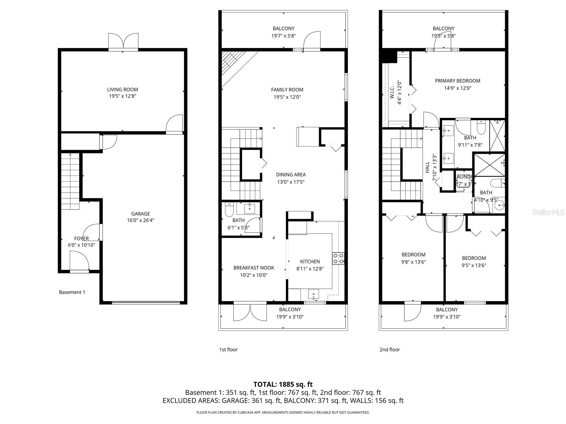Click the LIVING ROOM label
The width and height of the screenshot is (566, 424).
click(x=122, y=89)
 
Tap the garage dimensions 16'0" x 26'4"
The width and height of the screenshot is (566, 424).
click(x=140, y=220)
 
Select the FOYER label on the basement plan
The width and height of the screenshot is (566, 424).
click(x=81, y=238)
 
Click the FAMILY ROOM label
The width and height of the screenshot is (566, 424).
click(x=287, y=90)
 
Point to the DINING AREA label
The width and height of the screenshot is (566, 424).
click(x=291, y=175)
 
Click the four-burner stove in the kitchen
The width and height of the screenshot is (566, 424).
click(x=338, y=258)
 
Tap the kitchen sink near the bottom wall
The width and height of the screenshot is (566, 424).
click(x=313, y=294)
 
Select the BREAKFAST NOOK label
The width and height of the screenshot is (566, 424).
click(x=254, y=268)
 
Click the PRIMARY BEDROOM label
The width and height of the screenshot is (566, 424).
click(x=457, y=81)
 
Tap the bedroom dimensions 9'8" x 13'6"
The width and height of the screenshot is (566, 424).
click(x=413, y=262)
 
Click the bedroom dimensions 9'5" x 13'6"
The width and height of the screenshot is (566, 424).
click(x=474, y=265)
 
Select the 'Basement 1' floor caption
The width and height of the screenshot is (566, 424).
click(x=72, y=292)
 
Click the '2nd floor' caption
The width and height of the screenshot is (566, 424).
click(x=389, y=349)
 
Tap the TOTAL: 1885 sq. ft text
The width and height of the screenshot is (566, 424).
click(x=283, y=384)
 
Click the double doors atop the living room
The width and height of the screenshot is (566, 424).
click(x=123, y=42)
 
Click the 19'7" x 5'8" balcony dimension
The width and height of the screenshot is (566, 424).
click(x=283, y=36)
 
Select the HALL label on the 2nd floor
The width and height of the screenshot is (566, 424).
click(x=427, y=167)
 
